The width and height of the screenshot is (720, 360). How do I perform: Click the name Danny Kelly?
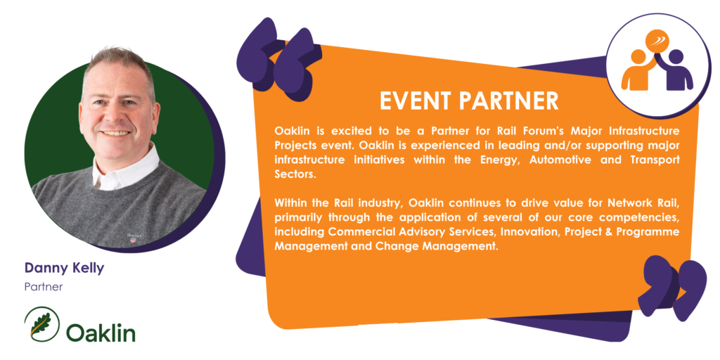click(64, 268)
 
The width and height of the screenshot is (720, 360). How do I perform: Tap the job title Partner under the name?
click(43, 288)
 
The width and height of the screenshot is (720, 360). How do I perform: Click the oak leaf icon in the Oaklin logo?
click(42, 323)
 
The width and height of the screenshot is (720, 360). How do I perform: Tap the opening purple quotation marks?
click(278, 58)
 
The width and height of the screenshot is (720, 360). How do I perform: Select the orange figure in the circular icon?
click(636, 70)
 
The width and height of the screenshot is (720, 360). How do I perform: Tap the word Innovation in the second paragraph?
click(529, 231)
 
